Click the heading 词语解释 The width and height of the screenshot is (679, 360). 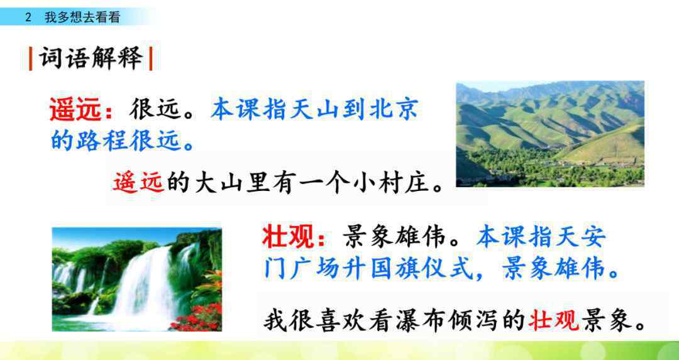pyautogui.click(x=91, y=58)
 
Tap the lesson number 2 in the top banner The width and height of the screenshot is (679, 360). pyautogui.click(x=28, y=18)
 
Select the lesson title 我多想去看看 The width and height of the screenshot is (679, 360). pyautogui.click(x=82, y=18)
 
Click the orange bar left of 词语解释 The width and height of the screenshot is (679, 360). pyautogui.click(x=30, y=58)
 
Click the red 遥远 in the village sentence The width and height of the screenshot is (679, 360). pyautogui.click(x=138, y=183)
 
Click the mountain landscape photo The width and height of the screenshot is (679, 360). pyautogui.click(x=550, y=134)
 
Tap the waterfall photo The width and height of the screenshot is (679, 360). pyautogui.click(x=137, y=280)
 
